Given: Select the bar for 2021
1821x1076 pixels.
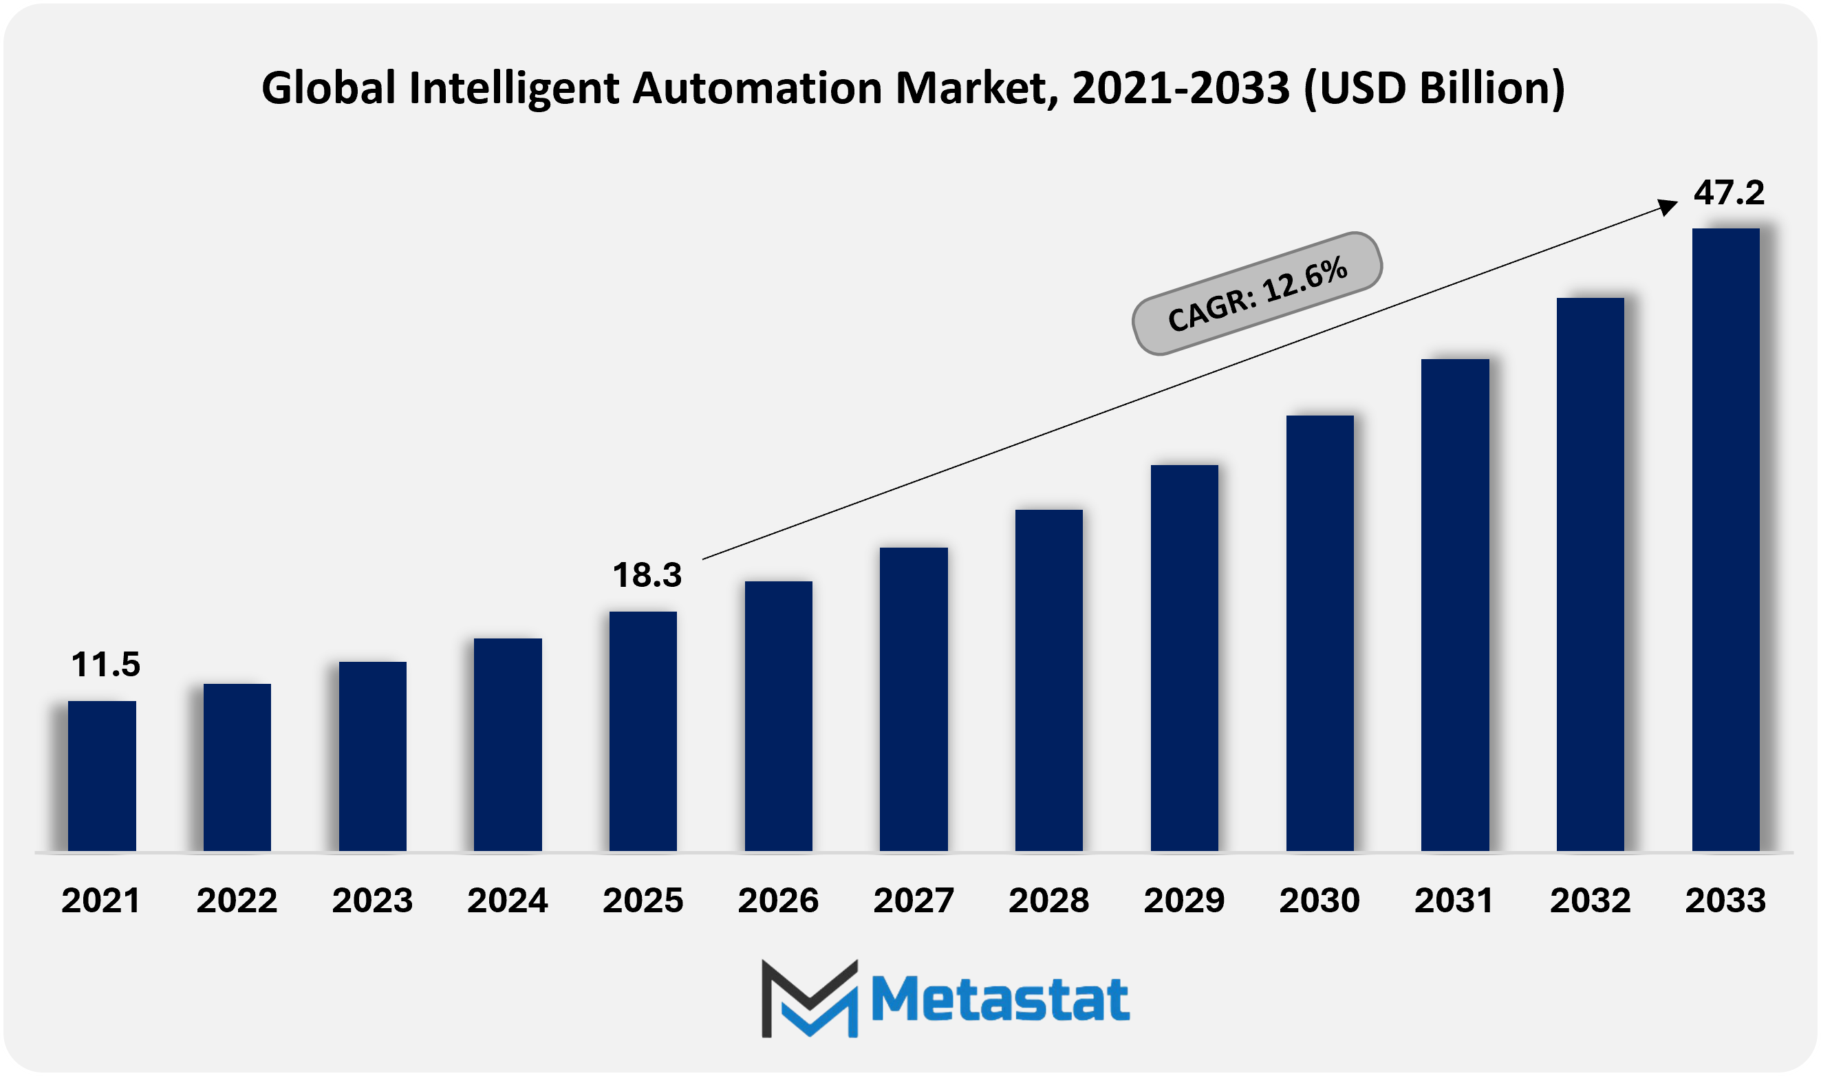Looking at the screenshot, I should [102, 776].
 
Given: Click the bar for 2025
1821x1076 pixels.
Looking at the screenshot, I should [643, 731].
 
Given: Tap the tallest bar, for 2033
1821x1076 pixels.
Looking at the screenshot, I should [1725, 539].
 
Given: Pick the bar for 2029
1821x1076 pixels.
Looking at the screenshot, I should [1185, 658].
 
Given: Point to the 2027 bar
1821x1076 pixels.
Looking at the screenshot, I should [914, 699].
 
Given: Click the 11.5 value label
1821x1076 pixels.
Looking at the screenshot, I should [106, 664].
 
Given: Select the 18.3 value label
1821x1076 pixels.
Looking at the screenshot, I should [647, 575].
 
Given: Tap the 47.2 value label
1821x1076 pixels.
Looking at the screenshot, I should [1728, 192].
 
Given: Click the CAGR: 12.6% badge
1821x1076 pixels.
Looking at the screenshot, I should [1257, 294].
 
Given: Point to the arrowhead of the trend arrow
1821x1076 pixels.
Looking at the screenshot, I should [1669, 207].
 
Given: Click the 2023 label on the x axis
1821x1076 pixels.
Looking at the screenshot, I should [373, 901].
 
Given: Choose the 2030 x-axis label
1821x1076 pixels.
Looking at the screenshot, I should [1319, 901].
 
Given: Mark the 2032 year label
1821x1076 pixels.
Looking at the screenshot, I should [1591, 901].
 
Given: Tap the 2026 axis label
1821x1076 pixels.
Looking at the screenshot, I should [778, 901].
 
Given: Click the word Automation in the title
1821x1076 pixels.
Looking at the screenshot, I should [757, 88].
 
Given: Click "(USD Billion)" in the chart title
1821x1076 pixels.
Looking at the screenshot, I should [1434, 88].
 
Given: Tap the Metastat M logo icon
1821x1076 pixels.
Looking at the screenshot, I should [810, 998].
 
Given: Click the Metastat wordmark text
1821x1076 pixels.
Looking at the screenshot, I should [1000, 999].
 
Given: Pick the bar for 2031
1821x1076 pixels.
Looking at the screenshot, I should [1455, 605].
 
